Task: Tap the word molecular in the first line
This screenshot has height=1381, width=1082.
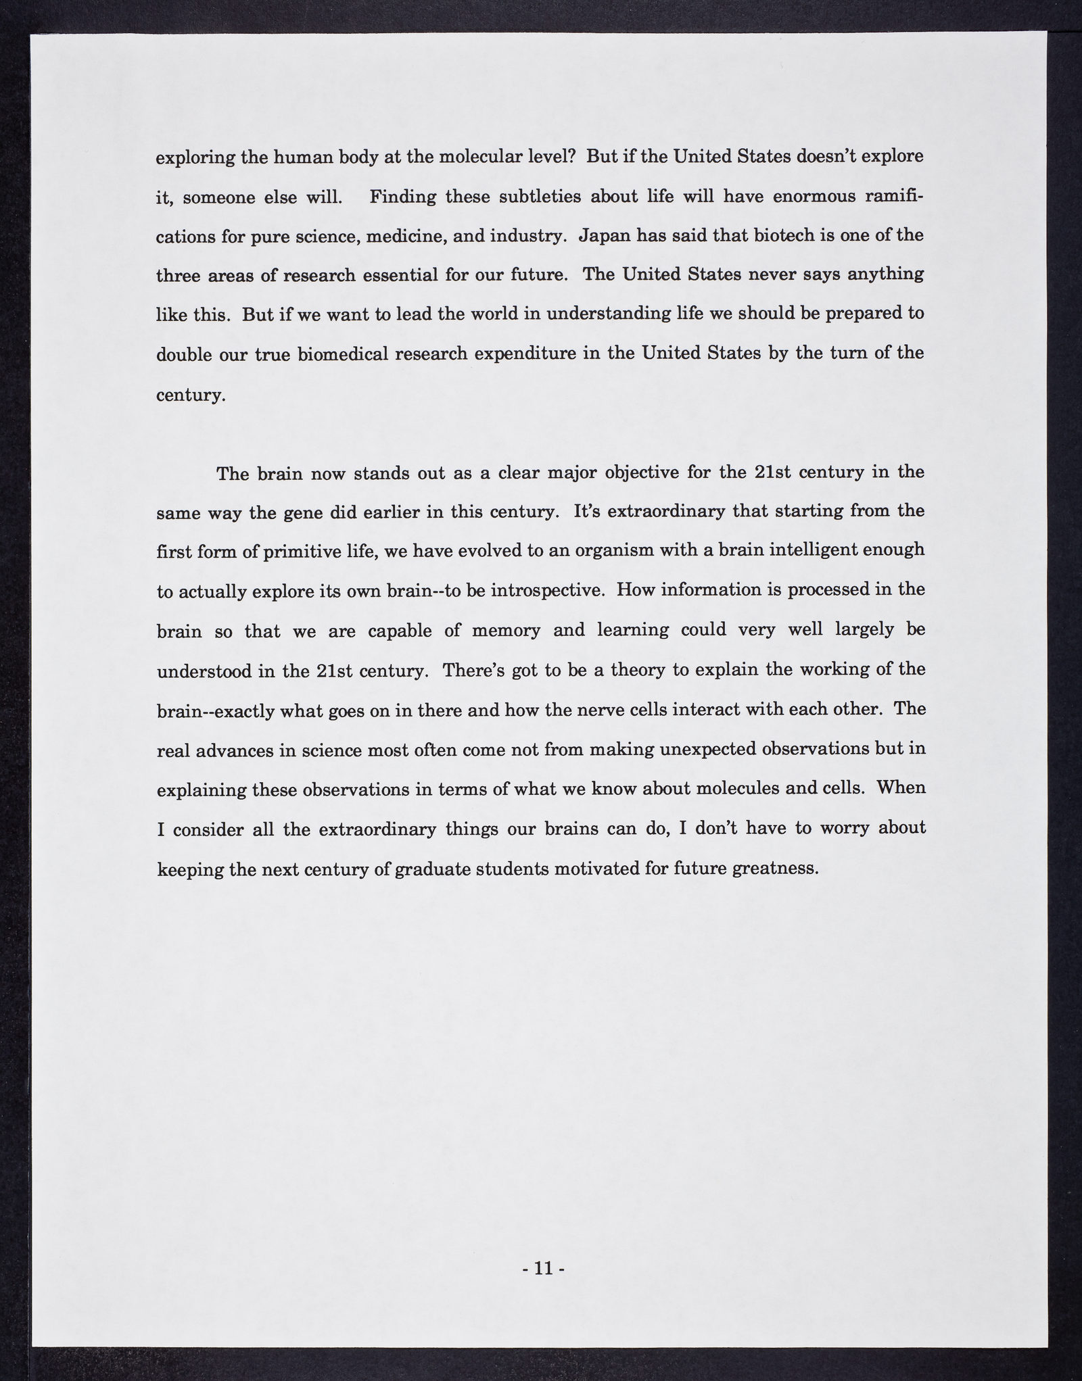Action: coord(473,158)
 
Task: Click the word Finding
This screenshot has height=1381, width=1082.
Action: coord(403,197)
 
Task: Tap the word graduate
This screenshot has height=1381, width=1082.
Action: coord(431,869)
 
